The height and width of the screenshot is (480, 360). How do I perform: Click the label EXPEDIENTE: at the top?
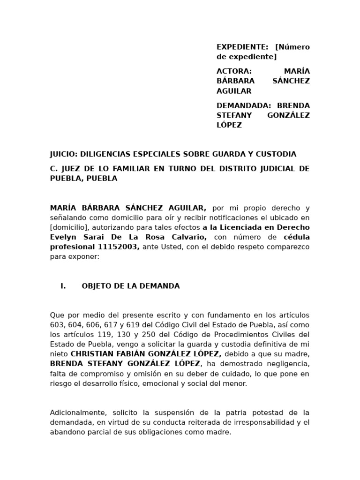tap(242, 47)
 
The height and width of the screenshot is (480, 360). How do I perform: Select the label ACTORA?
tap(234, 71)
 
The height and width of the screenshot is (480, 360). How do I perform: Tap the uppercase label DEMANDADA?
tap(243, 105)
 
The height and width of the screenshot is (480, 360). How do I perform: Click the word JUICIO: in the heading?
tap(64, 154)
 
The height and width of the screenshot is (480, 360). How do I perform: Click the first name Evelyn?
tap(63, 237)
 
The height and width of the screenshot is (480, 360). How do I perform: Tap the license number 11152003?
tap(119, 247)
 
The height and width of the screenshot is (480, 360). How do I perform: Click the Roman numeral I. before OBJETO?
tap(63, 286)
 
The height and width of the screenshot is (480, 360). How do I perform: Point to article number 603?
tap(57, 325)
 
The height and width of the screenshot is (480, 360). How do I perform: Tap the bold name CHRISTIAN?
tap(92, 354)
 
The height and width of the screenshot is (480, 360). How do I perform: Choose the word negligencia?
tap(287, 364)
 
